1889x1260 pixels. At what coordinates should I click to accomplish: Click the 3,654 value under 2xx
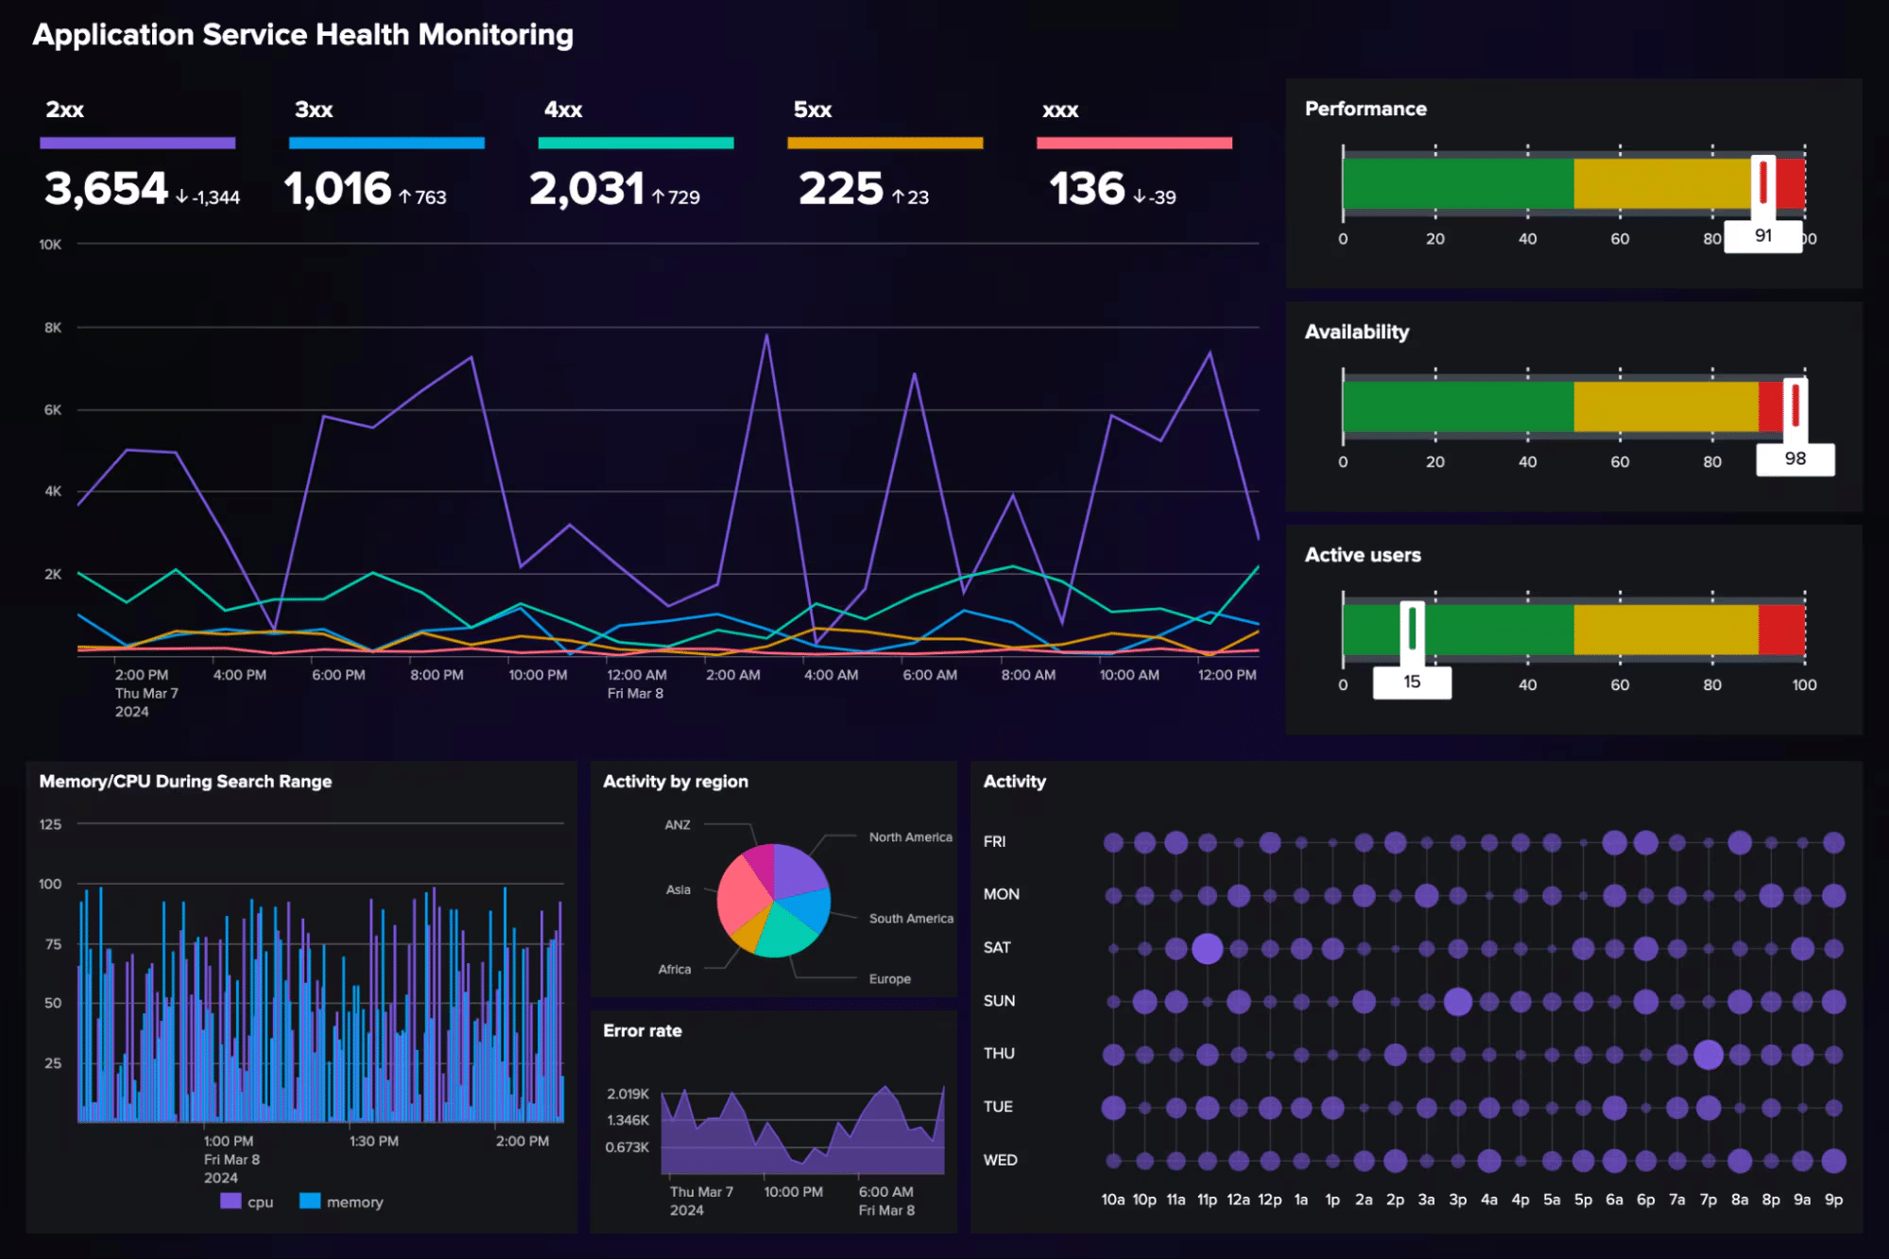[106, 188]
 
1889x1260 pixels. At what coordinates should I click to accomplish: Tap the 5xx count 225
[840, 188]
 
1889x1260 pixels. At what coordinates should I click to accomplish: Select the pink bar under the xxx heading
[1133, 143]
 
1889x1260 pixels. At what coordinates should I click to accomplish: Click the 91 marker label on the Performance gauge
[1762, 235]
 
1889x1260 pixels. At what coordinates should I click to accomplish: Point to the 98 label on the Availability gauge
[1794, 458]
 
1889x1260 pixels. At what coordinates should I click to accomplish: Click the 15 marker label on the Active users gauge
[1411, 682]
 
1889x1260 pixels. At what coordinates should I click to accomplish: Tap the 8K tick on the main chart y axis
[53, 327]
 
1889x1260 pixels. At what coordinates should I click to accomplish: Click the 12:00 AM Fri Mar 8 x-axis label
[636, 683]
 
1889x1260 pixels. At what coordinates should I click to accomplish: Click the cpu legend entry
[247, 1201]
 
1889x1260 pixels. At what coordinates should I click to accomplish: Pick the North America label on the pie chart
[910, 837]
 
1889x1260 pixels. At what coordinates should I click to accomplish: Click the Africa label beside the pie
[674, 969]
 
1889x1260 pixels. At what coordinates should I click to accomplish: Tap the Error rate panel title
[642, 1030]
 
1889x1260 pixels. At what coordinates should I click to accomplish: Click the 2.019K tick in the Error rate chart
[627, 1094]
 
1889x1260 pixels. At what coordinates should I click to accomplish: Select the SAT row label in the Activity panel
[996, 947]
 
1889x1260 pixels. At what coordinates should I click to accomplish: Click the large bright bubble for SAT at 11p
[1207, 948]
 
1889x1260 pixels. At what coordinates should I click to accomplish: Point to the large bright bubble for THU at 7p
[1708, 1054]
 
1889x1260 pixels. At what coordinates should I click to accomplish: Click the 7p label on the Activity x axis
[1708, 1200]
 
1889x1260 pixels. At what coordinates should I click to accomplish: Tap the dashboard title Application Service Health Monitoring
[302, 35]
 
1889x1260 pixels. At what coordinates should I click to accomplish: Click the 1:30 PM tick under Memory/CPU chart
[373, 1141]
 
